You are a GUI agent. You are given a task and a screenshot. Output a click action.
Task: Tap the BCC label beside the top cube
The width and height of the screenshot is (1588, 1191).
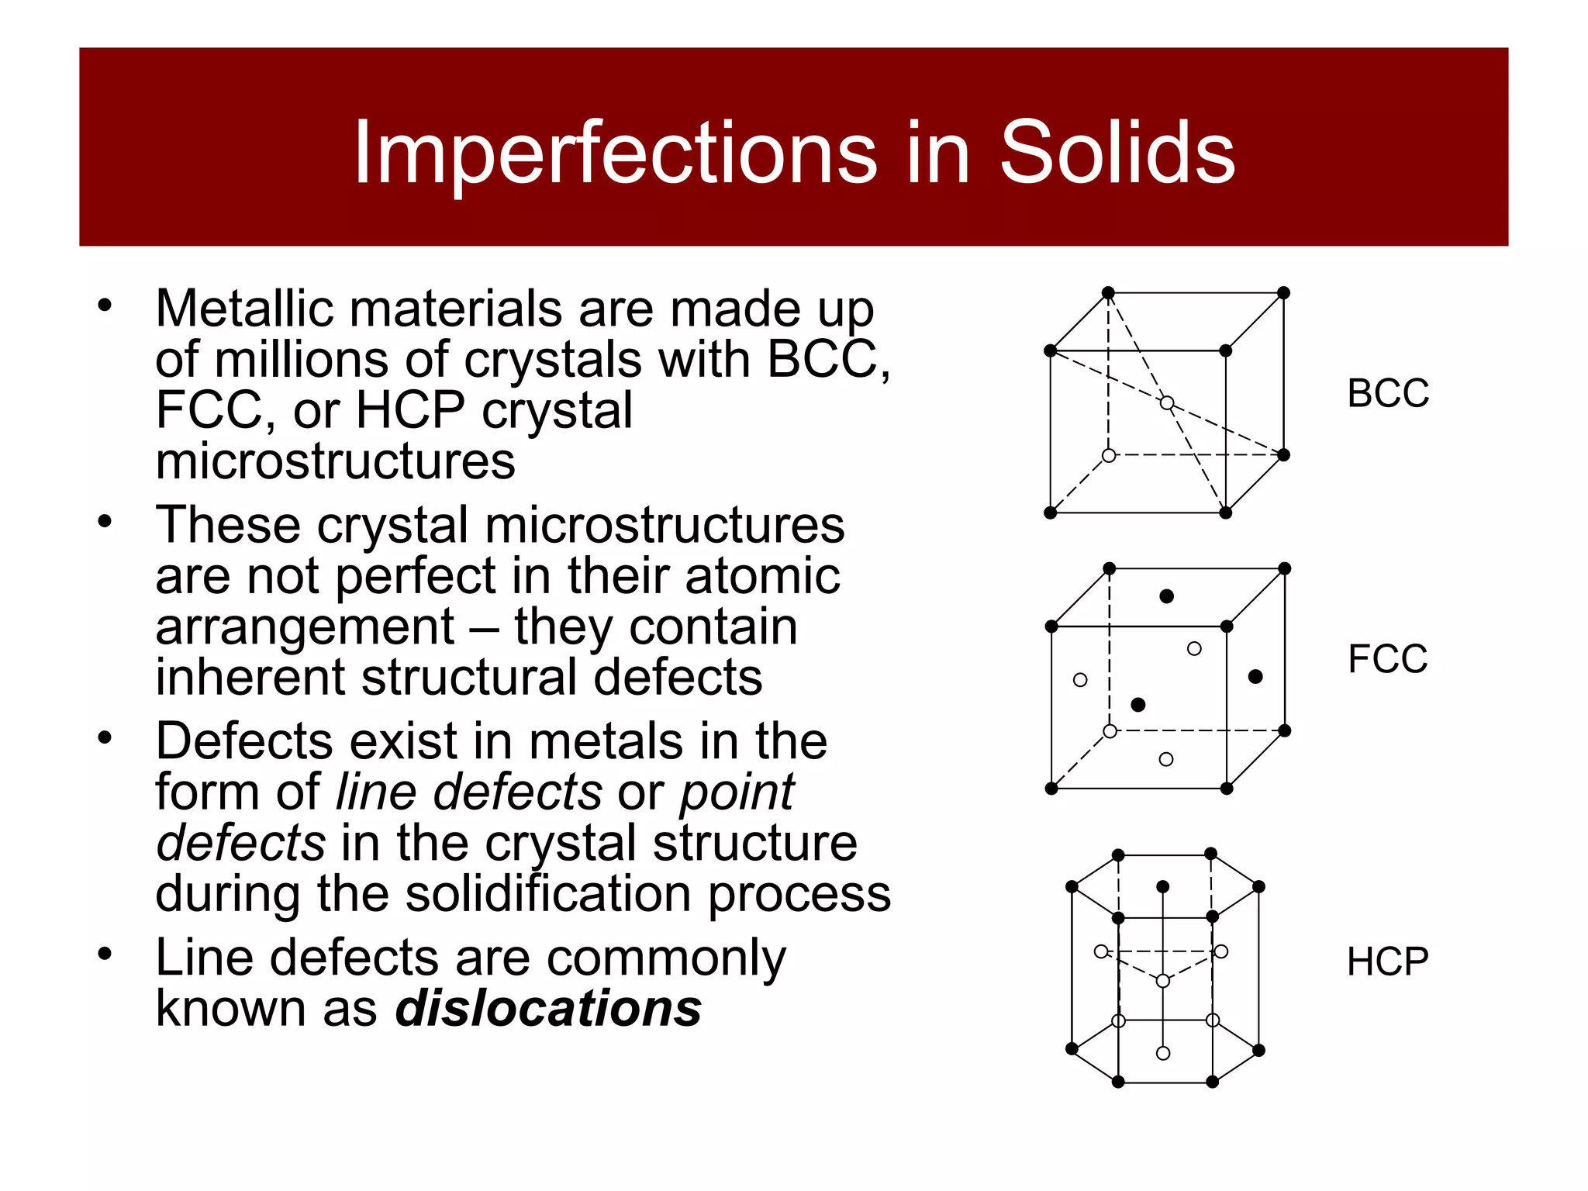click(1388, 393)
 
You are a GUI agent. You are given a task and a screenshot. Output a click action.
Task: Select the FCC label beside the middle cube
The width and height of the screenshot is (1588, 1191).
click(1387, 659)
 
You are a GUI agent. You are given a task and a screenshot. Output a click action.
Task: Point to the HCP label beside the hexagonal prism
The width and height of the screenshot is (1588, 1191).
click(1387, 961)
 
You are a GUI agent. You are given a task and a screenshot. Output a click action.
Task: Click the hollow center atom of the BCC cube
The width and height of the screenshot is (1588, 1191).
click(1167, 403)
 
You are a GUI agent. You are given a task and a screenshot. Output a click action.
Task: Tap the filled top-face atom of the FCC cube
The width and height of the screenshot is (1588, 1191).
click(1166, 596)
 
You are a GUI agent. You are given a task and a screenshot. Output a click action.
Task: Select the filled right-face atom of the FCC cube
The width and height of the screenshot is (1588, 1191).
click(1255, 677)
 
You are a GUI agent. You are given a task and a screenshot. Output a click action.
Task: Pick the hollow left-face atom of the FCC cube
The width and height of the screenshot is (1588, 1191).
click(1080, 680)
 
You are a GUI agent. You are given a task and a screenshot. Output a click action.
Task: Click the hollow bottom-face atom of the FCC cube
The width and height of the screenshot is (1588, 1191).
click(1166, 759)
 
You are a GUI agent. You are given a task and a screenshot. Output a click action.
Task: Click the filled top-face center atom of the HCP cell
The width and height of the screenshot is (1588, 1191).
click(1162, 886)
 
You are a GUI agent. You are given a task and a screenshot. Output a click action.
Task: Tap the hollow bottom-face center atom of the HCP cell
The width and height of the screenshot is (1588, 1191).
click(1163, 1053)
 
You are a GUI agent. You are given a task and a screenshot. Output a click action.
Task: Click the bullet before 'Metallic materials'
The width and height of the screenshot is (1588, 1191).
click(105, 305)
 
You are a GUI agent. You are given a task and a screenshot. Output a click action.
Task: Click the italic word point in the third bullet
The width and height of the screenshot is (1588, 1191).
click(737, 792)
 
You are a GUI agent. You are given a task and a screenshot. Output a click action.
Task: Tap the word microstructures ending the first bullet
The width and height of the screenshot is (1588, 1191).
click(335, 461)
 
